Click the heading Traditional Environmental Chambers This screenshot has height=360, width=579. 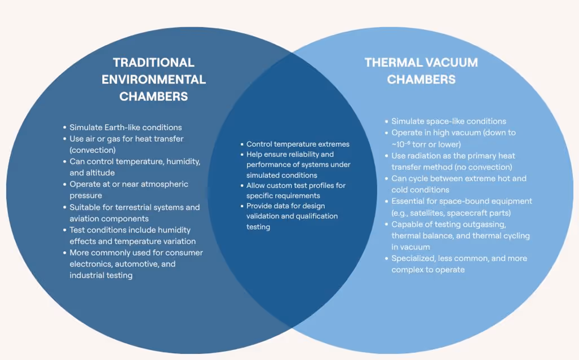153,79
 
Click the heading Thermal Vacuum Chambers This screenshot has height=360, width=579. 421,71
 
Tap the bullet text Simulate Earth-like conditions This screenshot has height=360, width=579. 125,127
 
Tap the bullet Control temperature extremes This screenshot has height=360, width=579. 298,144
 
